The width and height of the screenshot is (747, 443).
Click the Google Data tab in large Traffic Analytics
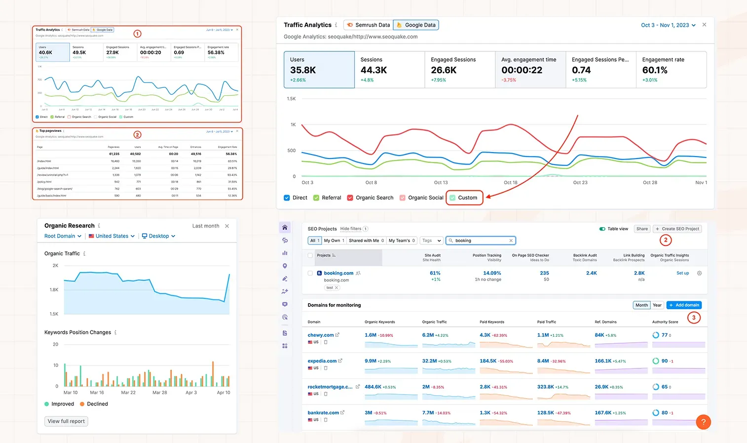click(x=416, y=25)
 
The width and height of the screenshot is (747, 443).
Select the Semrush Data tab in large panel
click(x=368, y=25)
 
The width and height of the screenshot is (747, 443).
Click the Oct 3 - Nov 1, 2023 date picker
click(x=668, y=25)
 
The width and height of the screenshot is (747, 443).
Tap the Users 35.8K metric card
click(x=319, y=70)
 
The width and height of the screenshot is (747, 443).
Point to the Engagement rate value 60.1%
click(x=655, y=70)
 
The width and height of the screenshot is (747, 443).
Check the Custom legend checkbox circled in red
click(x=452, y=198)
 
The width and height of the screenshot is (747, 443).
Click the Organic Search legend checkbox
click(x=350, y=198)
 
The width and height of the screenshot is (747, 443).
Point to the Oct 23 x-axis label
click(x=580, y=183)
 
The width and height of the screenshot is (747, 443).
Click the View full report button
click(x=66, y=421)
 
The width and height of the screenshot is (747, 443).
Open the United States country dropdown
click(x=112, y=236)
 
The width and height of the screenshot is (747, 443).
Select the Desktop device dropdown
click(x=159, y=236)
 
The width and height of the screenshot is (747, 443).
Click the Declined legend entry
click(x=94, y=404)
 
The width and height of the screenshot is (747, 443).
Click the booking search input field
click(x=481, y=241)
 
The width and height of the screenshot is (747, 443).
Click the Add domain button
click(x=684, y=305)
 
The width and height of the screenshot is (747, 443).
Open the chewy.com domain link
click(x=321, y=335)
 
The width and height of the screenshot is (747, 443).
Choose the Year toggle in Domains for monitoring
click(x=657, y=305)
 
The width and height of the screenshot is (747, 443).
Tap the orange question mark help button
click(x=703, y=422)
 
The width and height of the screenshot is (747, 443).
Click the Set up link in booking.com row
click(x=682, y=273)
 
